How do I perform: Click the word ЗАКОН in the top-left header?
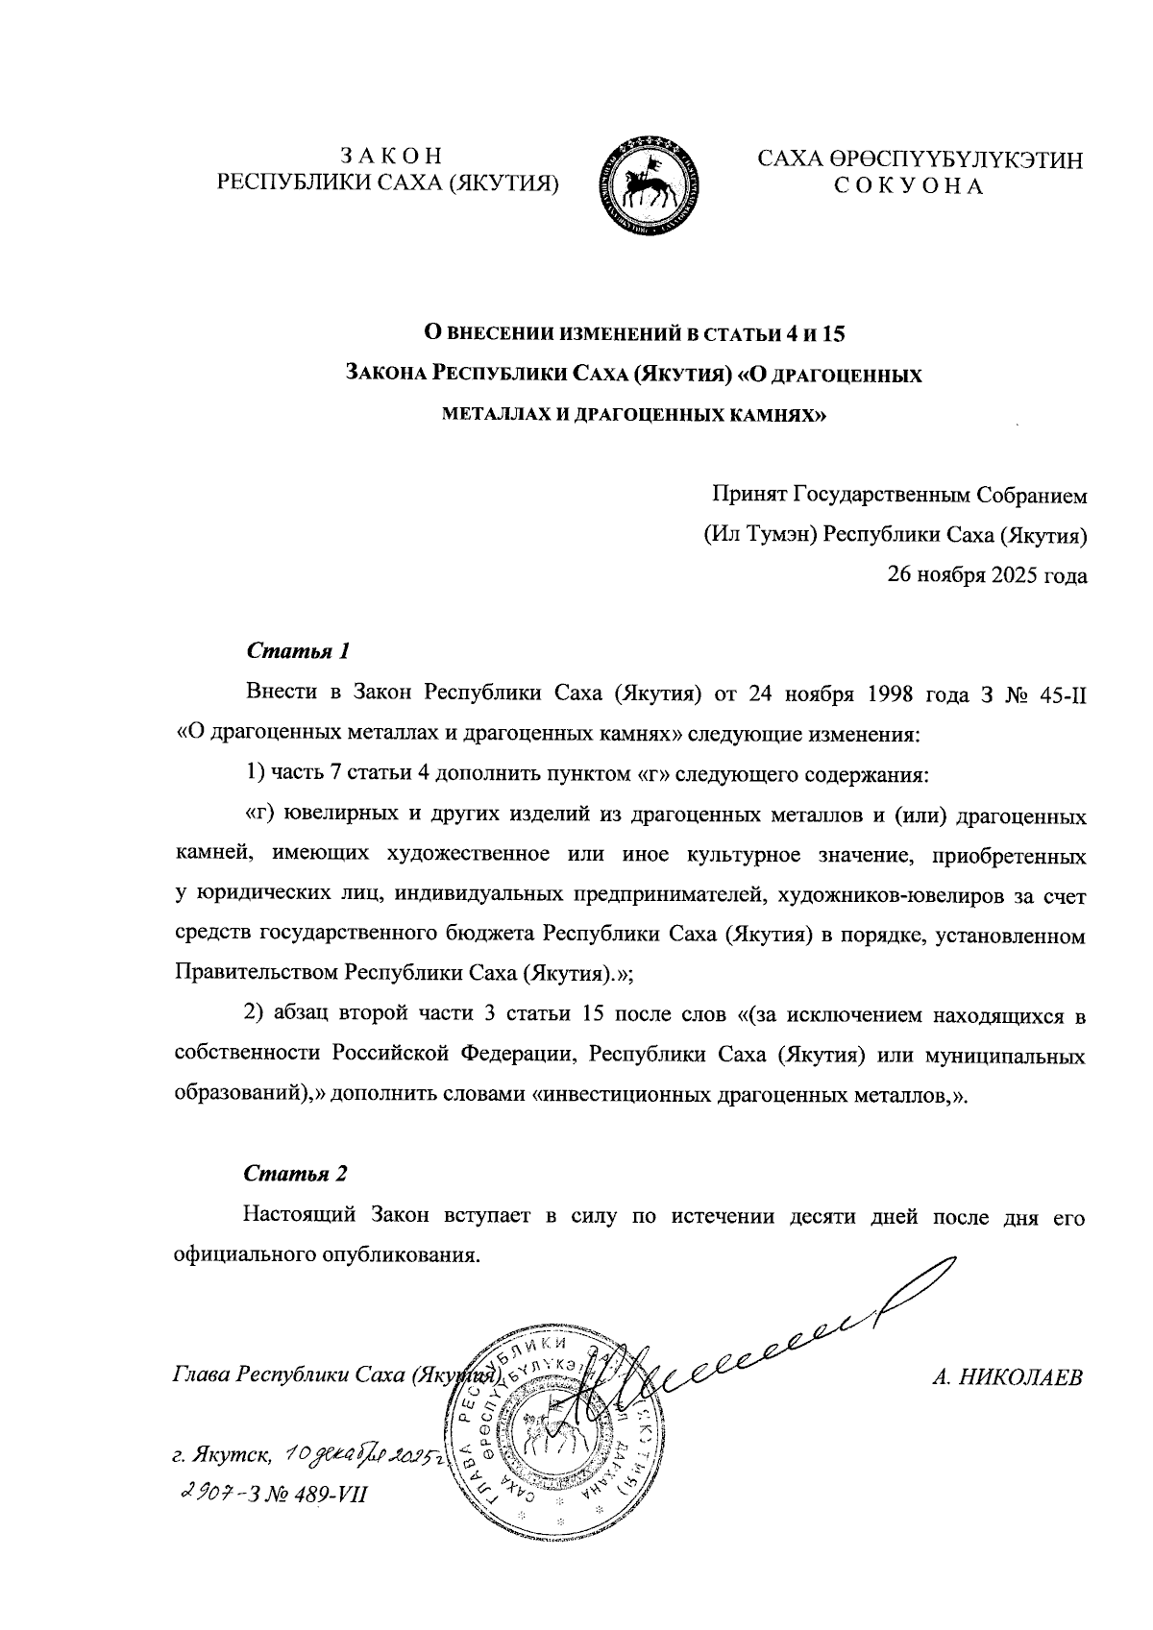coord(390,155)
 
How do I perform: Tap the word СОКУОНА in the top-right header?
coord(908,185)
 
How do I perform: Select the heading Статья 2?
coord(295,1174)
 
